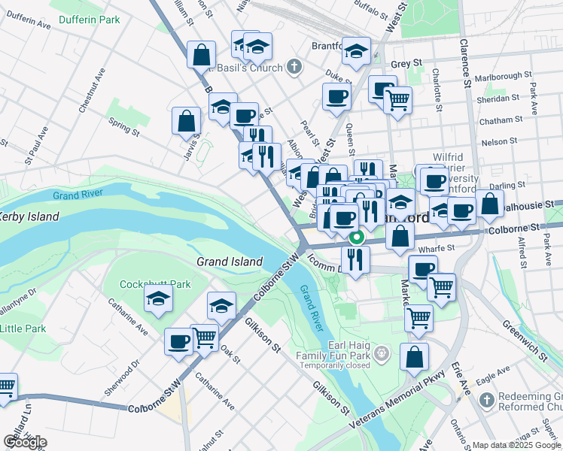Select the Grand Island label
(x=230, y=262)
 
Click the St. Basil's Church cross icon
(x=294, y=68)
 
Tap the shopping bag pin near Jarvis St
(x=186, y=120)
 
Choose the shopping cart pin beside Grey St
(x=397, y=98)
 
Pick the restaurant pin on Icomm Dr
(x=355, y=259)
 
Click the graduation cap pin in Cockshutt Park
(x=159, y=299)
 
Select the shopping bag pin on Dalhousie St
(x=489, y=204)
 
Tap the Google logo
(x=25, y=442)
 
